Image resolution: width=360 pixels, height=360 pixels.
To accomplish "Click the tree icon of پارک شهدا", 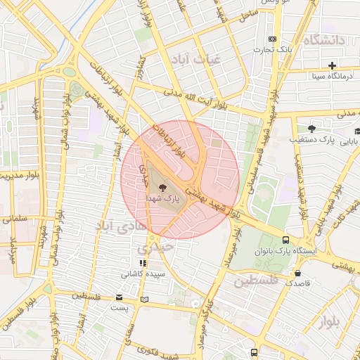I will coord(163,188).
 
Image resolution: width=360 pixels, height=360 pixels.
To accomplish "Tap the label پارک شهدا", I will coord(163,200).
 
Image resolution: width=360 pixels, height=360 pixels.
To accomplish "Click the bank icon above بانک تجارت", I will coord(273,39).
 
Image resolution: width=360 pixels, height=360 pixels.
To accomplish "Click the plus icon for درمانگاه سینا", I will coord(332,65).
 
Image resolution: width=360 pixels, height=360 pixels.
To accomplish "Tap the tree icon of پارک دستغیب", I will coord(311,129).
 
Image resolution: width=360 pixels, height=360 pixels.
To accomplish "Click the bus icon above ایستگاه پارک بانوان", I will coord(285,240).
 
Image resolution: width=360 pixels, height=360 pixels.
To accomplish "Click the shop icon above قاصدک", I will coord(298,274).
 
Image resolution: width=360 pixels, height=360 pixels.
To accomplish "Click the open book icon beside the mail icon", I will coord(144,299).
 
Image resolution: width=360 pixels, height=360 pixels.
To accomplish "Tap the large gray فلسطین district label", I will coord(256,282).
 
